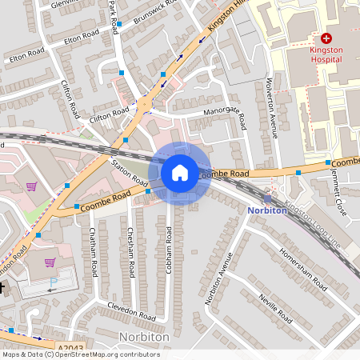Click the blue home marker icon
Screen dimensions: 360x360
[180, 173]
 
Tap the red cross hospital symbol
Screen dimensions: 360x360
[326, 38]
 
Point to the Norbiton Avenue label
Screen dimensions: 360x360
[218, 278]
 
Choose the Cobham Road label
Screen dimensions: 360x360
[169, 252]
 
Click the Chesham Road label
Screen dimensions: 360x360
[130, 250]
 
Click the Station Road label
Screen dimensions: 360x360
[129, 170]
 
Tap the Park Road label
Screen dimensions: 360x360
[113, 15]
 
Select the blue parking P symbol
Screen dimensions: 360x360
[54, 282]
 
